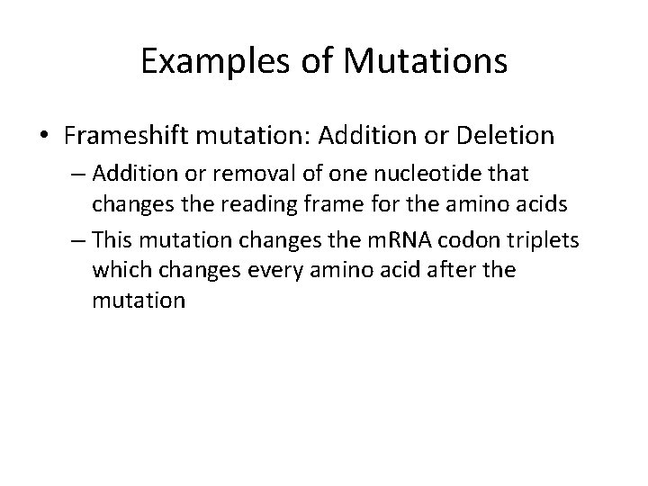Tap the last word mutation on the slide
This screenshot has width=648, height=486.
coord(138,300)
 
